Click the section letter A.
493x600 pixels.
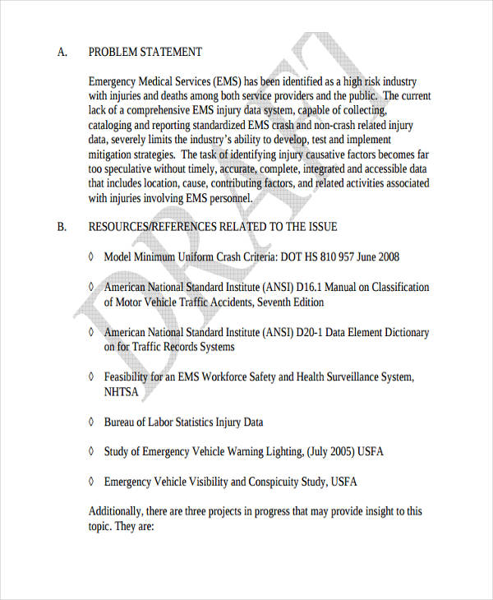pyautogui.click(x=62, y=52)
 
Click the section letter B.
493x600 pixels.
pyautogui.click(x=62, y=226)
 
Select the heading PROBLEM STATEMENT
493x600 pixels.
pyautogui.click(x=145, y=52)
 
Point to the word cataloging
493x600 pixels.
pyautogui.click(x=113, y=125)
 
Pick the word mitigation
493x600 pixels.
pyautogui.click(x=113, y=155)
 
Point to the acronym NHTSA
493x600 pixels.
pyautogui.click(x=121, y=392)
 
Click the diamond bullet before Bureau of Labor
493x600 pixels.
pyautogui.click(x=91, y=422)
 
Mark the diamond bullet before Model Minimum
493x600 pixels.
pyautogui.click(x=91, y=257)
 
